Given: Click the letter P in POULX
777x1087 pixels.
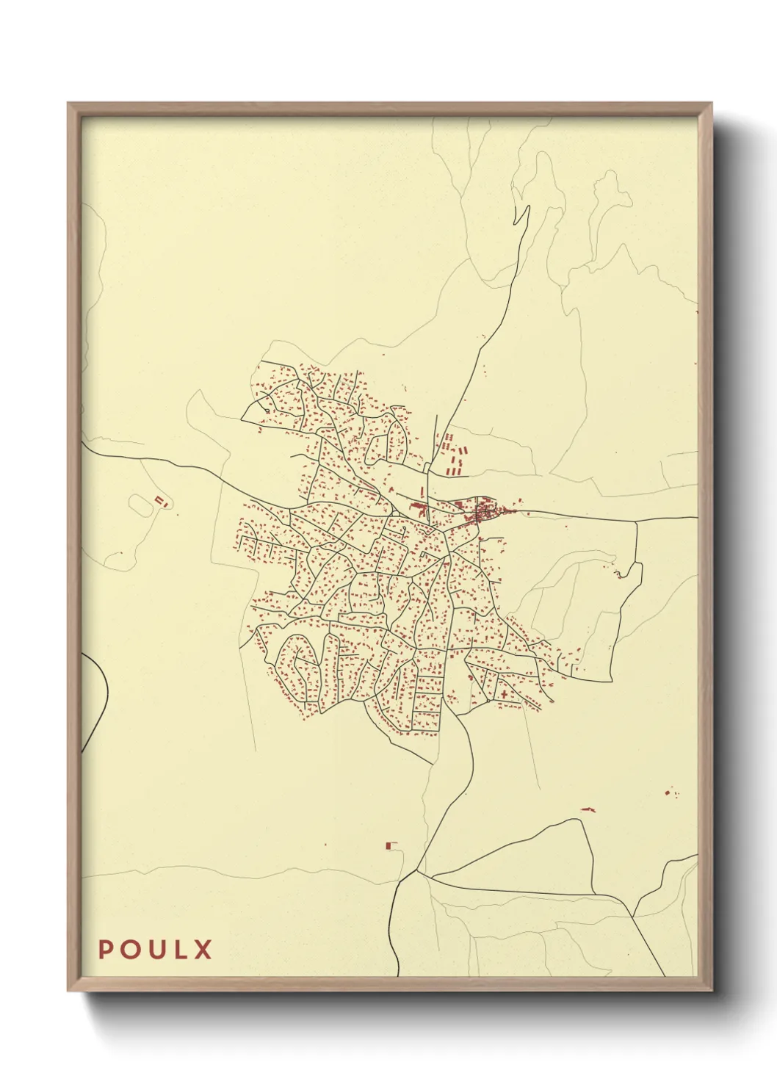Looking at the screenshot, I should pos(106,950).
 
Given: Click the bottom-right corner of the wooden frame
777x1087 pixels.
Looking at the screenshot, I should pos(710,989).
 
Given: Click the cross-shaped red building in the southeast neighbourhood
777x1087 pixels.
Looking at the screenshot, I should pos(505,693).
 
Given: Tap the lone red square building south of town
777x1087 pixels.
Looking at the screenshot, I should pos(389,846).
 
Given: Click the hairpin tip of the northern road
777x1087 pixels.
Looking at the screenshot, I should pos(527,207).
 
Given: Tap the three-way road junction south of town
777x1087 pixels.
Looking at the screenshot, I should pos(416,872).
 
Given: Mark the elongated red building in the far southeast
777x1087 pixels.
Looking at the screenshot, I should pos(587,809).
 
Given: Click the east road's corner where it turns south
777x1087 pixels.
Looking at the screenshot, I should pos(636,521).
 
